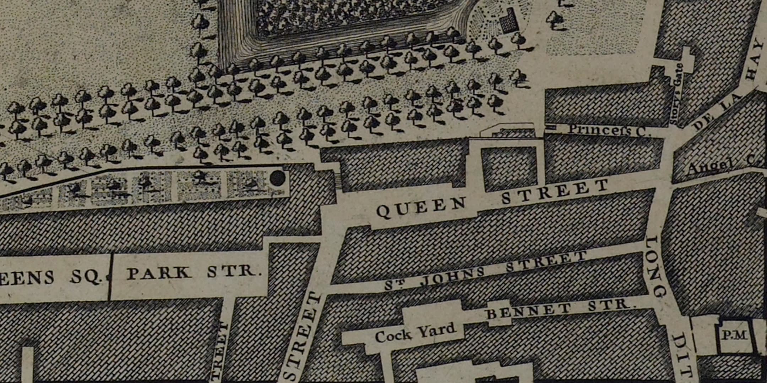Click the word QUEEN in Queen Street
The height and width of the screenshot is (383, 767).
pyautogui.click(x=421, y=207)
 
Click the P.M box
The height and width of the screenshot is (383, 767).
pyautogui.click(x=735, y=335)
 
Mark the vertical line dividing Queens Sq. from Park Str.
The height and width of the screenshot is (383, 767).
pyautogui.click(x=110, y=277)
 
